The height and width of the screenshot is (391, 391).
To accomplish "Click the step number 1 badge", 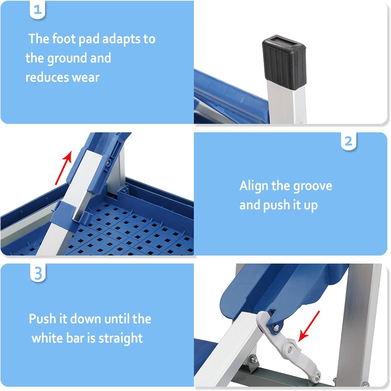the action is click(x=38, y=10).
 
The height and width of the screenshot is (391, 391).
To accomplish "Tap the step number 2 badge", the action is click(x=349, y=141).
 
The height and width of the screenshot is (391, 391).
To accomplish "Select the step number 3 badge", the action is click(x=38, y=273).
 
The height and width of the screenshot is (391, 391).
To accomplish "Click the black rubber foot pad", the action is click(x=284, y=59).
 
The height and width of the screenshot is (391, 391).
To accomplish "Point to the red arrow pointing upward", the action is click(x=63, y=167).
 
